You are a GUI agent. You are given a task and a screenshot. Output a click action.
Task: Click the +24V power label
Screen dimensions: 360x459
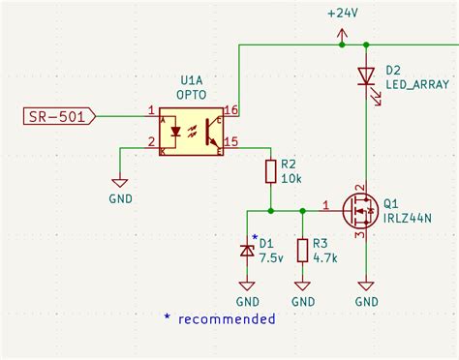[x=342, y=14]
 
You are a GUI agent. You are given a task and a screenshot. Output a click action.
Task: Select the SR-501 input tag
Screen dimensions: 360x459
[x=58, y=117]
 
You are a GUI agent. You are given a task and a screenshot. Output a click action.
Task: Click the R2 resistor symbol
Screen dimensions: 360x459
[x=271, y=172]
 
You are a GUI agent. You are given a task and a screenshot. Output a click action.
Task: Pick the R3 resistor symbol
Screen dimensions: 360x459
[x=303, y=250]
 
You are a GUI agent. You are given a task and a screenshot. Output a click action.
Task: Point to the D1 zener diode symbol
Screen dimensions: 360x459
[x=247, y=250]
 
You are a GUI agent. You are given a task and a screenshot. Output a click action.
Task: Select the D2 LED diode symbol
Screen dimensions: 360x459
[x=366, y=75]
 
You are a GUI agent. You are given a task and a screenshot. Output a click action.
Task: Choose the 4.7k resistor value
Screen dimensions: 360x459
[x=326, y=258]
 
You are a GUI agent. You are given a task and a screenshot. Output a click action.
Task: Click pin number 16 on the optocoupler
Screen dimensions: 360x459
[x=230, y=110]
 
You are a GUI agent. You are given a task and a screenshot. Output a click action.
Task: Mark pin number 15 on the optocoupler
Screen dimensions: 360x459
[x=230, y=142]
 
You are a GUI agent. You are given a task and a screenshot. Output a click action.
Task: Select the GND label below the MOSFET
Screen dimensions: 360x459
[x=366, y=302]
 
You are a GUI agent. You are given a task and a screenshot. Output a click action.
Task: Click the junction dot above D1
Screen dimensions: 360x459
[x=271, y=209]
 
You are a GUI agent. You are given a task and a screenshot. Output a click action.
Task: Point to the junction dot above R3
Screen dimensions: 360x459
[x=303, y=209]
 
